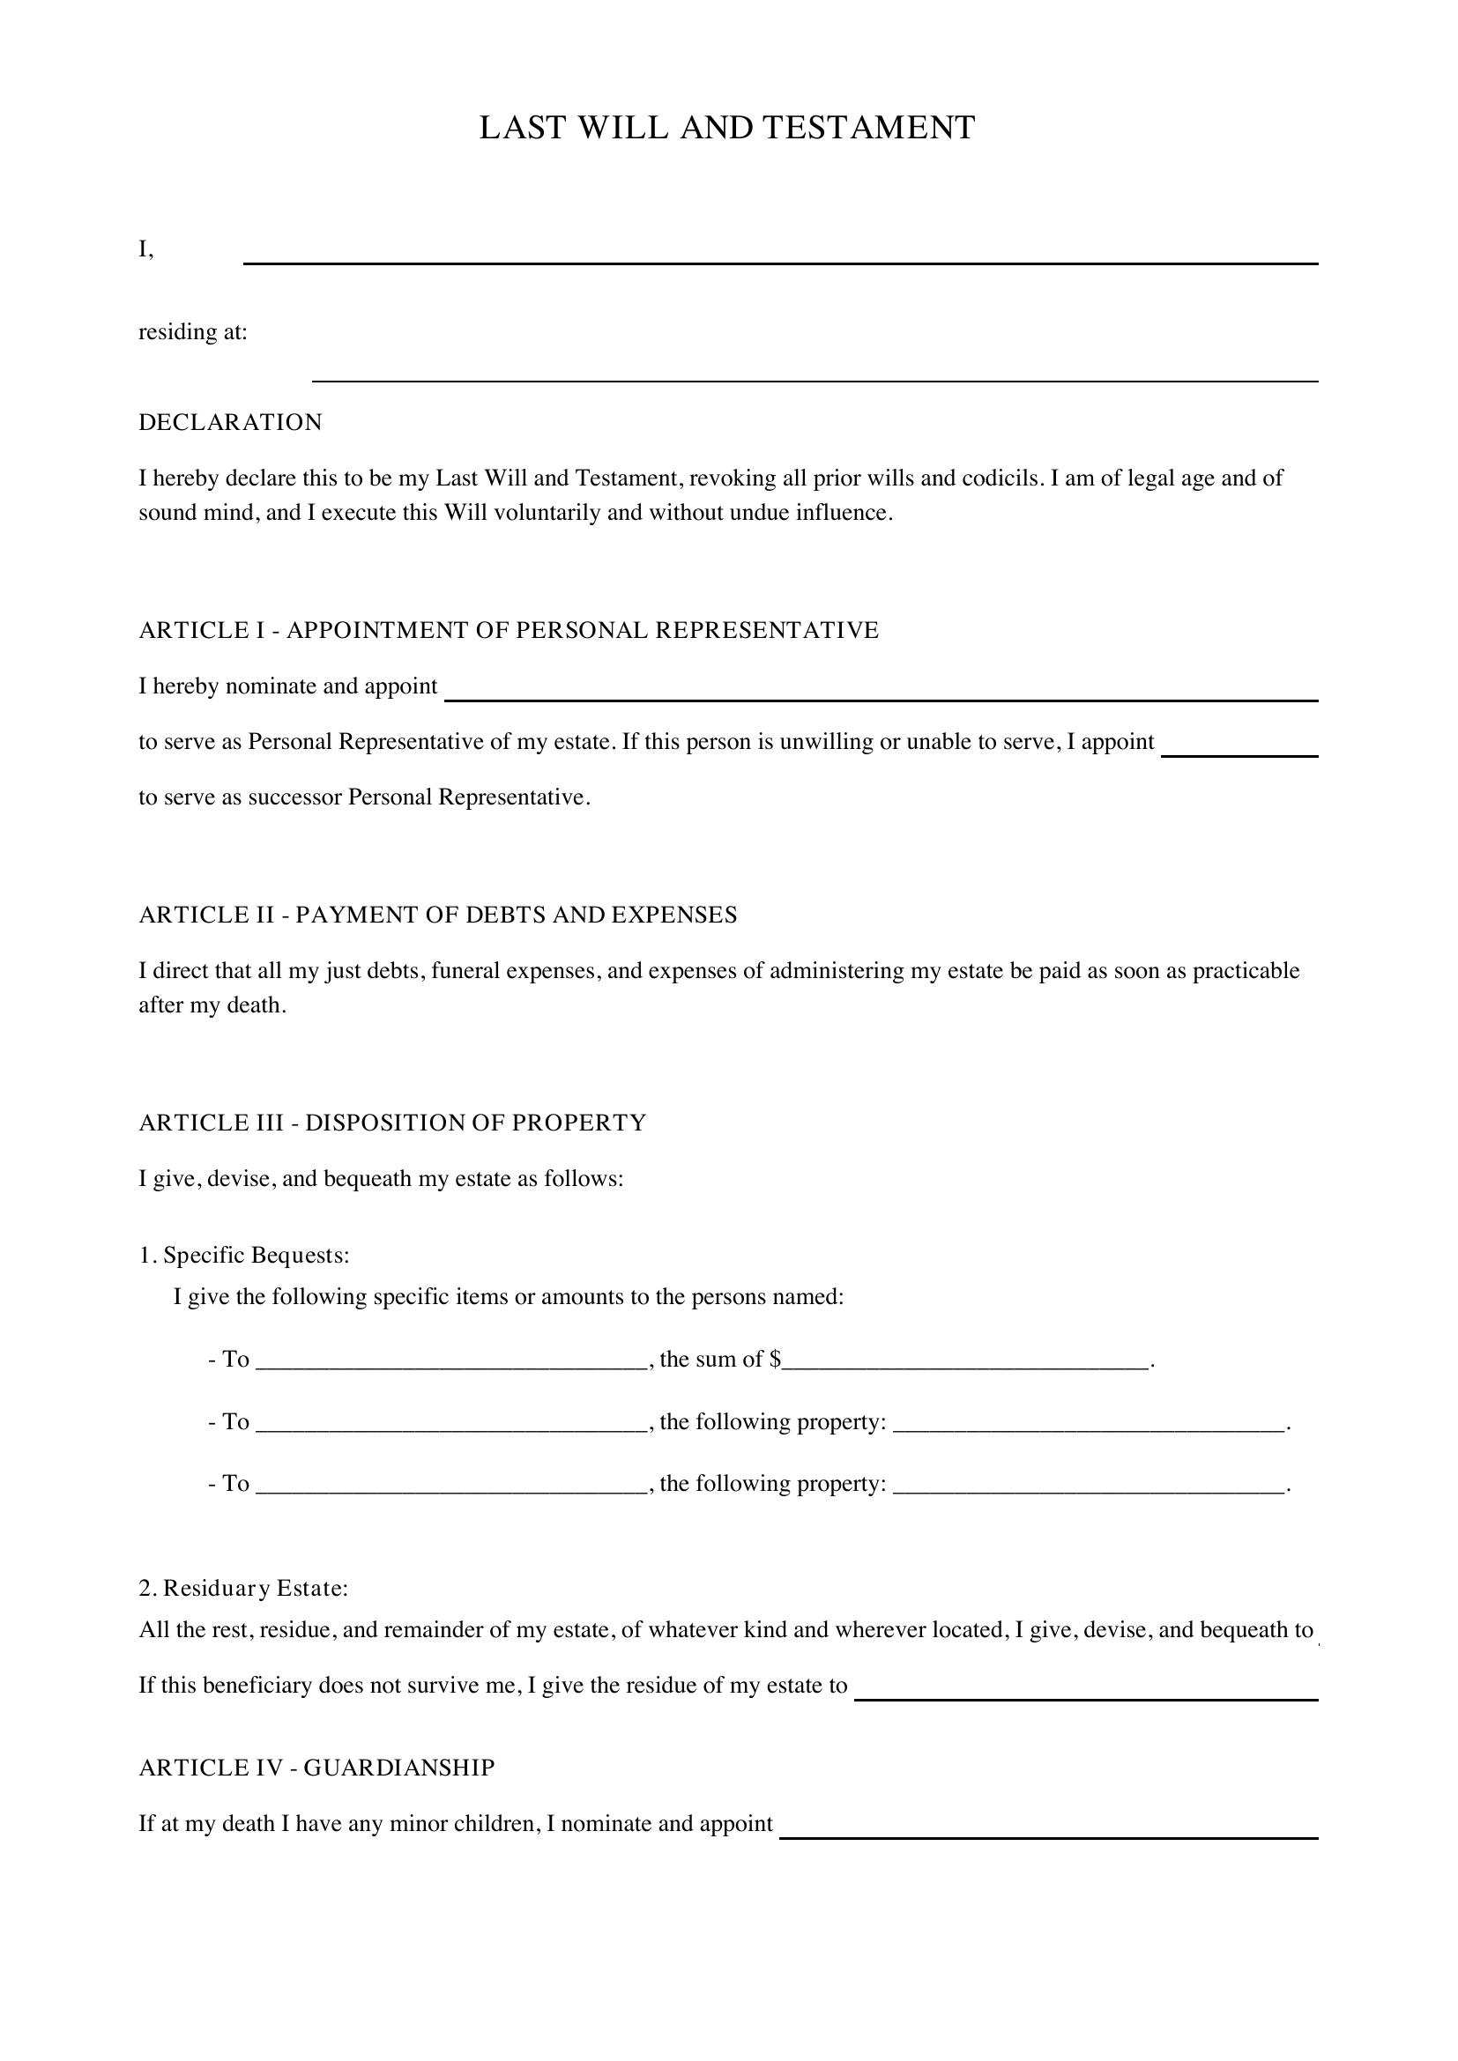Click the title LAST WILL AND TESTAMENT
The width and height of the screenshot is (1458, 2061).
pyautogui.click(x=727, y=129)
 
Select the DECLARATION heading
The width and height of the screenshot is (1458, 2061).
pyautogui.click(x=230, y=423)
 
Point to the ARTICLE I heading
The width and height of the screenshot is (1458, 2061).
pyautogui.click(x=508, y=630)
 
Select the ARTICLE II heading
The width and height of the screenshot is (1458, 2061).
pyautogui.click(x=437, y=915)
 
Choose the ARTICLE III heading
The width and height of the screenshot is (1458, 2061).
pyautogui.click(x=392, y=1123)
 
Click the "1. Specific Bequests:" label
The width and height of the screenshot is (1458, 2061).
pyautogui.click(x=244, y=1255)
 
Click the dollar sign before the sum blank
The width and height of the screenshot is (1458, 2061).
pyautogui.click(x=775, y=1359)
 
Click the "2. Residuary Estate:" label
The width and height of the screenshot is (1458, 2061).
pyautogui.click(x=243, y=1589)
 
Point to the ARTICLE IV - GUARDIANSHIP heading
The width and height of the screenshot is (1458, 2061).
pyautogui.click(x=316, y=1768)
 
